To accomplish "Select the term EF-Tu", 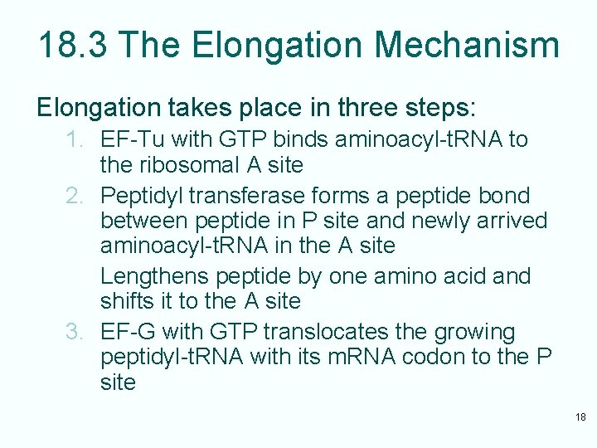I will (129, 139).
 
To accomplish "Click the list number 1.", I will (75, 139).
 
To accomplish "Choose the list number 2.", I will (75, 196).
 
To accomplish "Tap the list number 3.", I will (75, 332).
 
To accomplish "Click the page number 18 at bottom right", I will (580, 416).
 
